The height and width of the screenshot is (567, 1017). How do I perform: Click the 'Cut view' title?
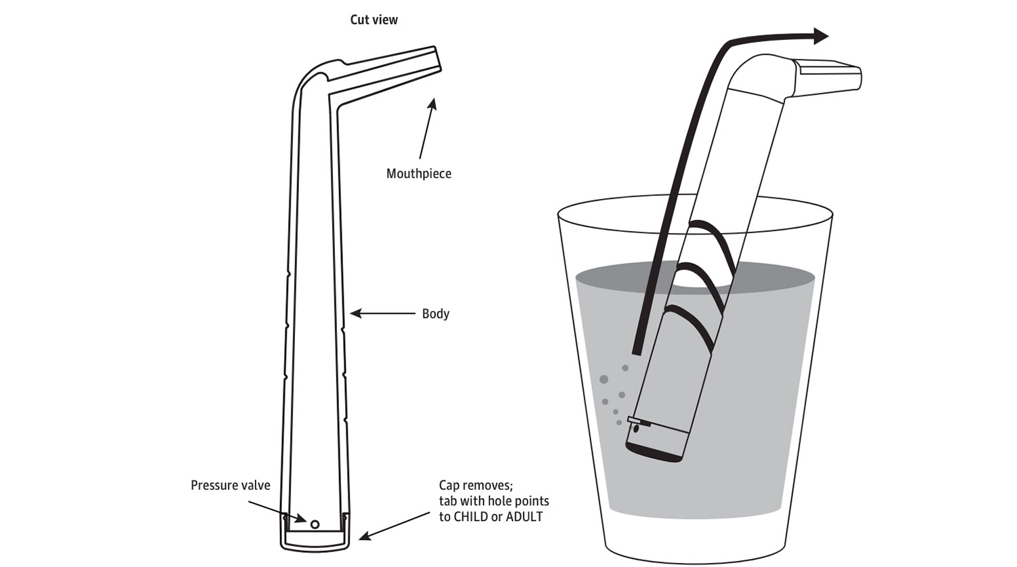pyautogui.click(x=374, y=20)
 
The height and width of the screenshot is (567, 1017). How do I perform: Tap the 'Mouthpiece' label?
pyautogui.click(x=418, y=173)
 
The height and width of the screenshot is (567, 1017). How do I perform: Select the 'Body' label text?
pyautogui.click(x=435, y=314)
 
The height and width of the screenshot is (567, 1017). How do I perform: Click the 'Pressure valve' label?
pyautogui.click(x=230, y=485)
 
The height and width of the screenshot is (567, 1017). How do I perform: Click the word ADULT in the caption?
pyautogui.click(x=524, y=518)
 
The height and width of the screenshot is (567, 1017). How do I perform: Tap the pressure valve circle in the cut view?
pyautogui.click(x=314, y=524)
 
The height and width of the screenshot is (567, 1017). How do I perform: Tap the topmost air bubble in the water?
pyautogui.click(x=625, y=368)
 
